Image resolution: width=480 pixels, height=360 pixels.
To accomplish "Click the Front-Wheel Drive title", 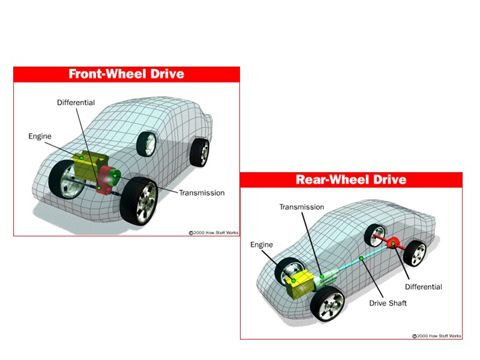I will click(x=126, y=74).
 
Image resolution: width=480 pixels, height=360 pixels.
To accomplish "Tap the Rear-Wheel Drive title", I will click(x=351, y=179).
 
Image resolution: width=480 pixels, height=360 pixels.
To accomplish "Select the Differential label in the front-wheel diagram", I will click(x=76, y=103).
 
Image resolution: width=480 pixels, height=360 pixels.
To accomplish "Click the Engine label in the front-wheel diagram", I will click(x=40, y=136).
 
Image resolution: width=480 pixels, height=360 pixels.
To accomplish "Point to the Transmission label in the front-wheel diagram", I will click(x=202, y=193).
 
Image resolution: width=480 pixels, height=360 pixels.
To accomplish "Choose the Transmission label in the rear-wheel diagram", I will click(x=302, y=207).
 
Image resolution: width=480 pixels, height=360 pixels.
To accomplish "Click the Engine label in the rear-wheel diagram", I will click(x=262, y=245).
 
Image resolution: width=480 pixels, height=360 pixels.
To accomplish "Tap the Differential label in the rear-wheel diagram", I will click(x=423, y=287).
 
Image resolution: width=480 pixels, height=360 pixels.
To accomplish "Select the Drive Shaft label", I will click(x=388, y=303).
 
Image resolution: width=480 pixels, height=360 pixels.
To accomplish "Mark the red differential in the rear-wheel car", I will click(x=394, y=244).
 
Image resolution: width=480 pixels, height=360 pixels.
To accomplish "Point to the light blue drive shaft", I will click(x=354, y=261).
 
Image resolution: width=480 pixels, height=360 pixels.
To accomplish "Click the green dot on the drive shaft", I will click(x=361, y=258).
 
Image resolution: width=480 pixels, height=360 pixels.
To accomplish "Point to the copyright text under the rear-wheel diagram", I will click(x=437, y=336).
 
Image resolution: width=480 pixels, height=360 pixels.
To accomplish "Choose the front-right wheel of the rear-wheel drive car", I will click(x=328, y=303).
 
